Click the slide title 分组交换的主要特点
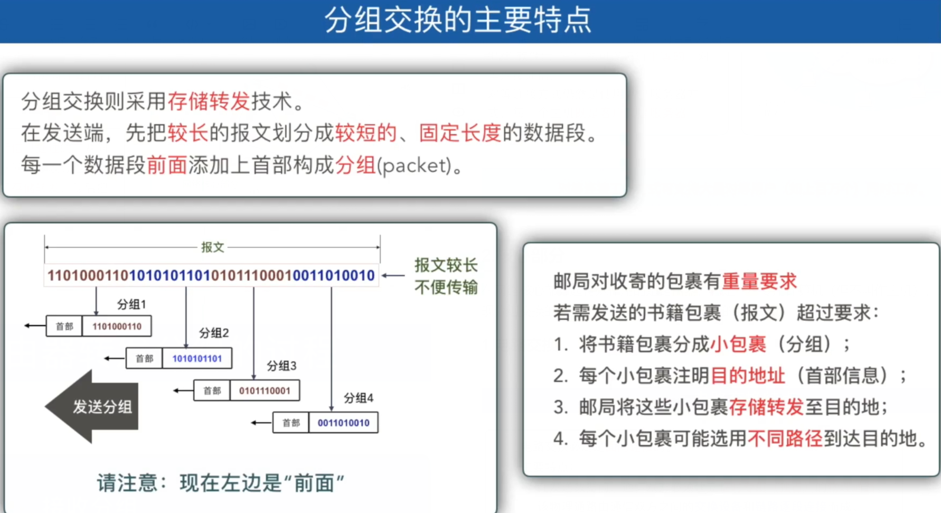click(x=458, y=20)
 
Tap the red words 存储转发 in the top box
click(x=209, y=101)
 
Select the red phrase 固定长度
click(x=459, y=133)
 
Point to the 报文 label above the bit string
click(x=212, y=247)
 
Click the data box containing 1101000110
click(x=117, y=327)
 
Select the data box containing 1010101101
click(x=197, y=359)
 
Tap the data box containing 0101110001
click(x=265, y=391)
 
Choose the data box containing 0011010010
click(x=343, y=423)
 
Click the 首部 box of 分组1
click(x=64, y=327)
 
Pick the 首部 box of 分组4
click(x=290, y=423)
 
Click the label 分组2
click(x=214, y=333)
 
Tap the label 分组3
click(x=281, y=366)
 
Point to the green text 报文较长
click(x=446, y=265)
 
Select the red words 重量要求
click(x=759, y=282)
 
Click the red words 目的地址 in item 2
click(x=747, y=376)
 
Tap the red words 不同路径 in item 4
click(x=785, y=439)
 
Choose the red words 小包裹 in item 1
click(x=738, y=344)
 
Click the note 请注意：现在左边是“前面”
click(x=220, y=483)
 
